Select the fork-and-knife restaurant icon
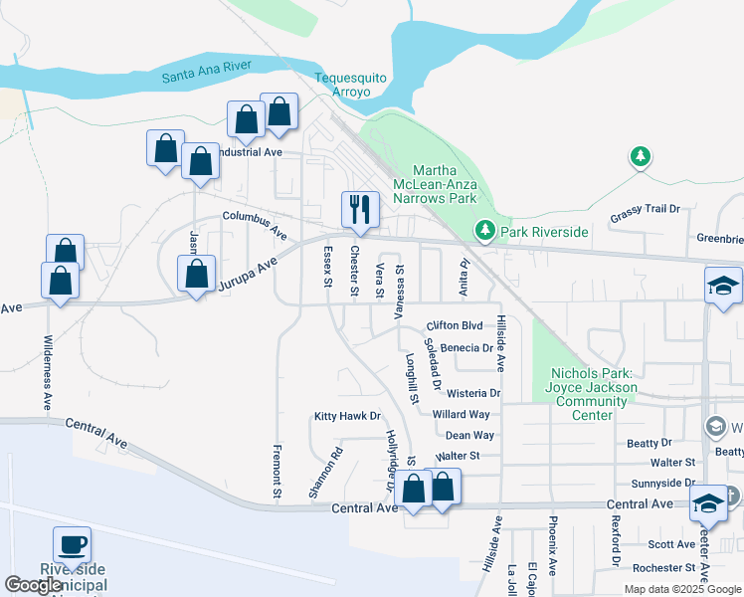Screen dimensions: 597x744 coord(360,209)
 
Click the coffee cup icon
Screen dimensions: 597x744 coord(72,544)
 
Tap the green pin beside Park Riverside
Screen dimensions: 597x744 coord(484,231)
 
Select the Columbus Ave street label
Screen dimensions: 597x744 coord(255,225)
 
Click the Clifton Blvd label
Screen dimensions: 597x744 coord(454,325)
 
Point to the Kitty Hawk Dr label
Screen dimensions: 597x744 coord(347,416)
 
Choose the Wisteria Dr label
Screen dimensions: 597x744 coord(473,393)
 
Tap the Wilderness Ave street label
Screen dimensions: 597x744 coord(47,372)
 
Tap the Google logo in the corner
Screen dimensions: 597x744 coord(34,585)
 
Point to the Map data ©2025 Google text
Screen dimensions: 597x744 coord(681,589)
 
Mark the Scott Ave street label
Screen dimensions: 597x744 coord(671,544)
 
